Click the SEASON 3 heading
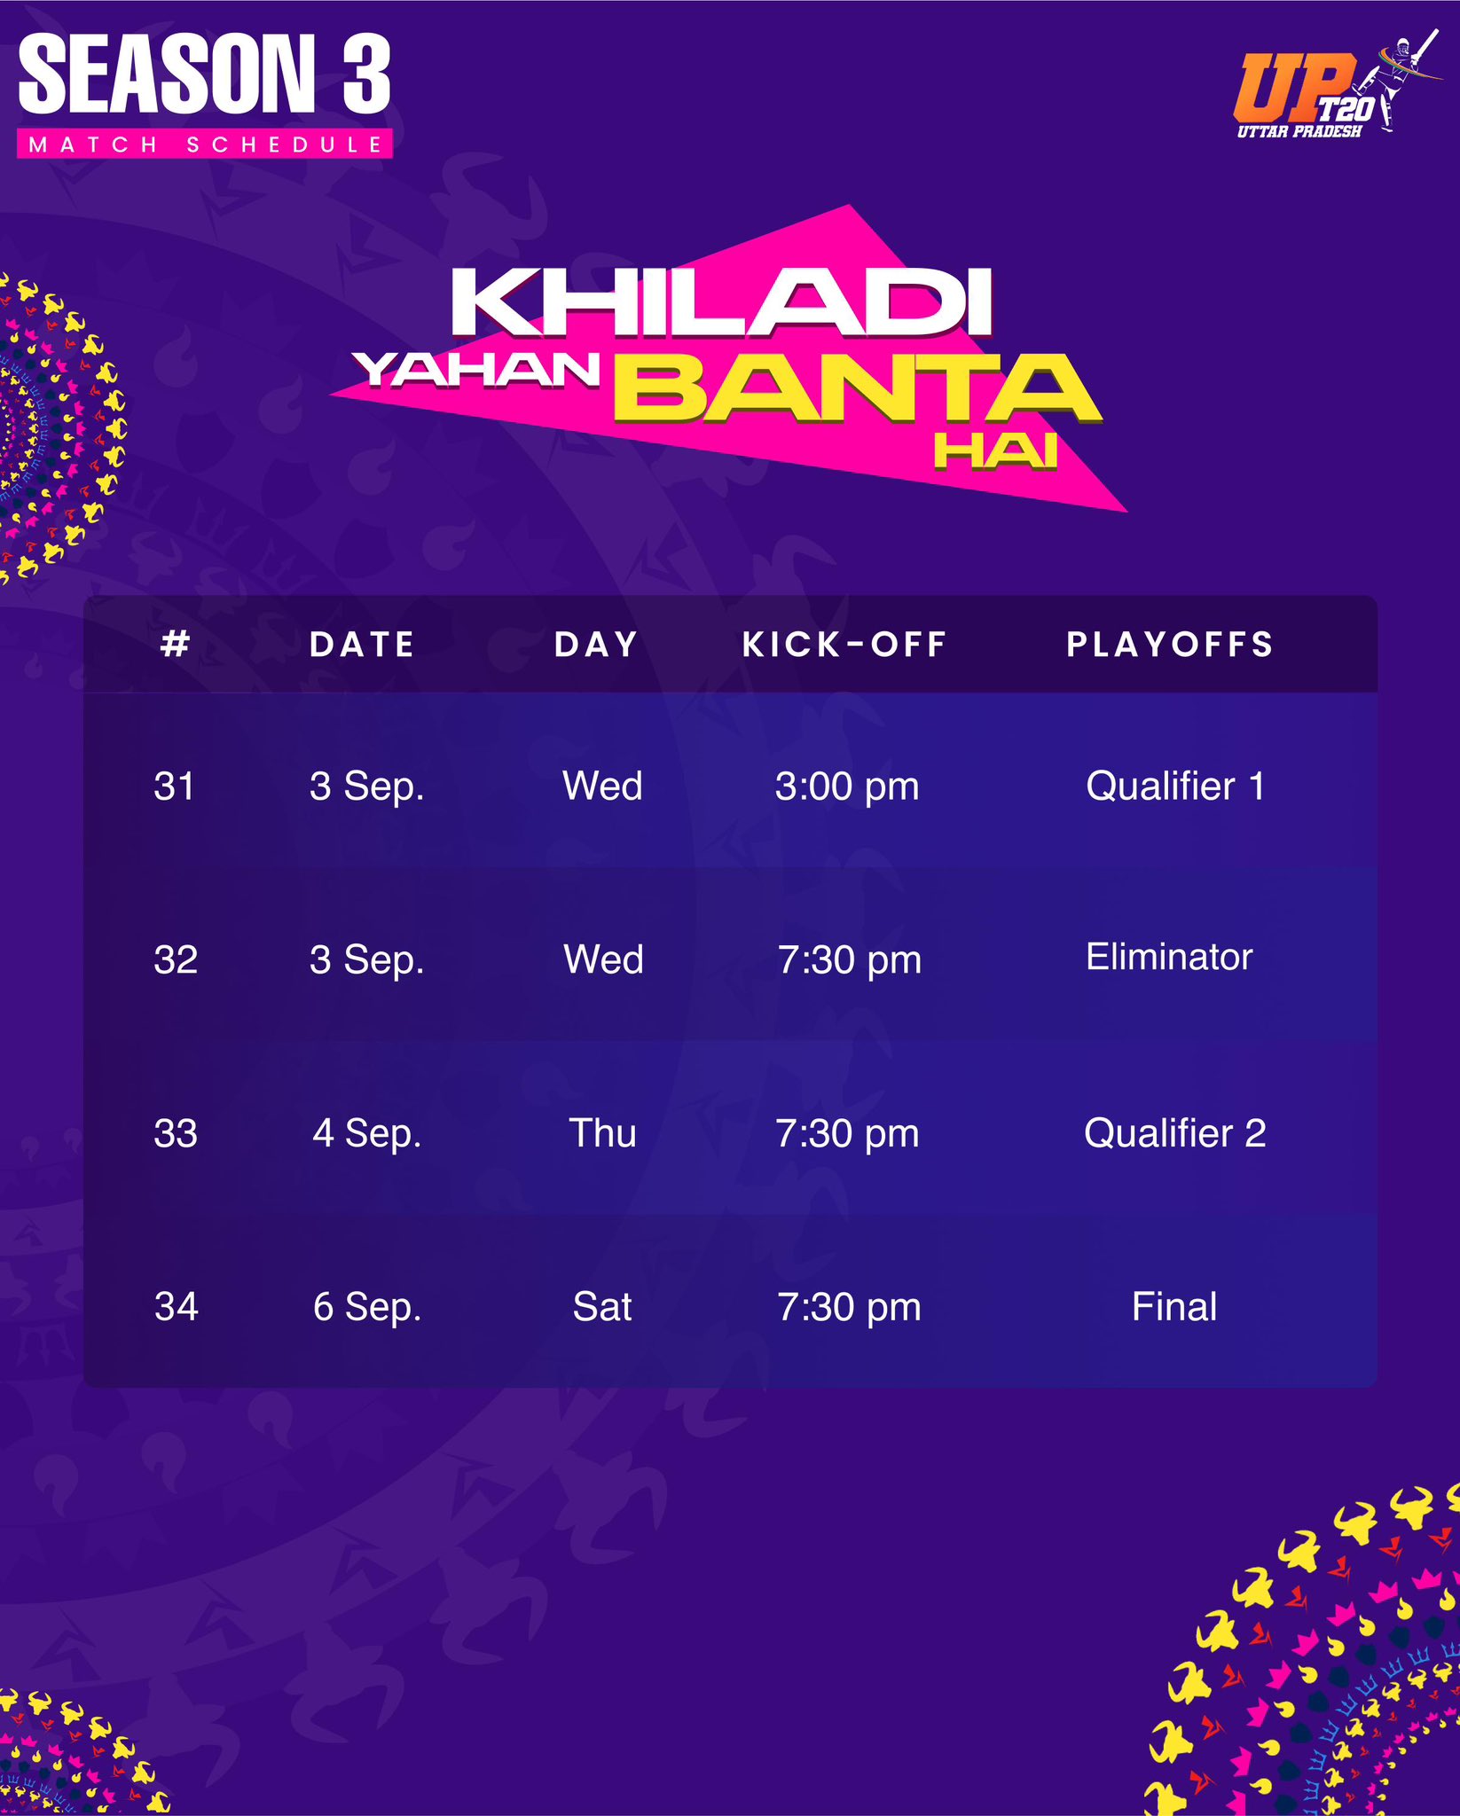(205, 74)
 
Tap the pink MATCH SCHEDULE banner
(205, 145)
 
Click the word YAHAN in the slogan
(476, 370)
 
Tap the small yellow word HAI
(996, 451)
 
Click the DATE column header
(362, 645)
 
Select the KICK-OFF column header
(845, 645)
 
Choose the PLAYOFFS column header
(1171, 645)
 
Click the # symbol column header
(176, 644)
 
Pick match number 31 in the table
(174, 787)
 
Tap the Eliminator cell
(1170, 957)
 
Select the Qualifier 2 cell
(1175, 1133)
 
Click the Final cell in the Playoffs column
(1174, 1307)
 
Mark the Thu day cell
(602, 1133)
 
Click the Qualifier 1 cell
(1175, 787)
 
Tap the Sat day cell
(602, 1307)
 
